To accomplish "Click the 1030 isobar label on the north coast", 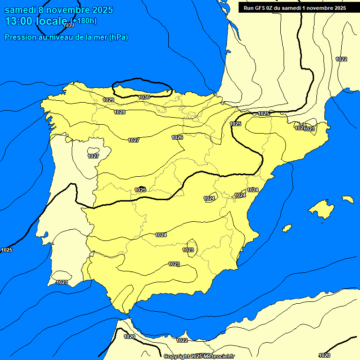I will coord(144,97).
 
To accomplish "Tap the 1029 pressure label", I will coord(108,100).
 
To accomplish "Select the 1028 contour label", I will coord(120,112).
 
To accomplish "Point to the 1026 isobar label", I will coord(177,137).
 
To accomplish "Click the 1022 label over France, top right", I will coord(341,59).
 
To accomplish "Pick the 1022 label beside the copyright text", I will coord(182,340).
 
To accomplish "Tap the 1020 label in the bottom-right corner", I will coord(324,355).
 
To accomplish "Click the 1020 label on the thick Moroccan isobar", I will coord(129,337).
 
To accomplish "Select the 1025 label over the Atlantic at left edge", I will coord(7,250).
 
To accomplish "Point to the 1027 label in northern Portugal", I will coord(93,156).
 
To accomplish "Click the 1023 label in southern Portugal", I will coord(62,282).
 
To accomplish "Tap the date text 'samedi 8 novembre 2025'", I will coord(59,10).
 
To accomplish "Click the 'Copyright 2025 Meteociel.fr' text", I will coord(199,356).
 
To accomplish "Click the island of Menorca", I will coord(347,199).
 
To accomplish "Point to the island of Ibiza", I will coord(286,228).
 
